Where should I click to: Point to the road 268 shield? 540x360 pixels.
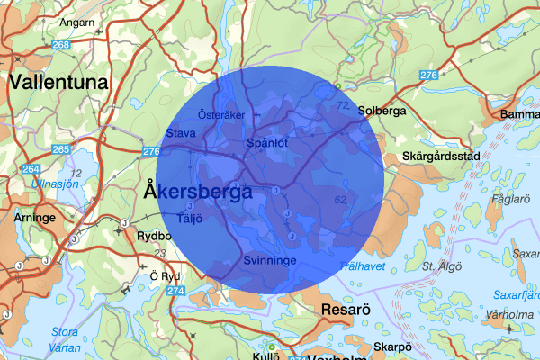click(x=60, y=44)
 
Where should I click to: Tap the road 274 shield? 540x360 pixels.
click(x=176, y=292)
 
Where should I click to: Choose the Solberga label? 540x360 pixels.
click(x=382, y=112)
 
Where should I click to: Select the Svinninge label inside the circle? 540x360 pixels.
click(x=269, y=261)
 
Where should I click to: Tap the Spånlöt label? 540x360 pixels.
click(x=267, y=143)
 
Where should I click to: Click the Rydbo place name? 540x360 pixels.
click(x=153, y=237)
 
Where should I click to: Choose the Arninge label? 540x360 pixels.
click(x=35, y=218)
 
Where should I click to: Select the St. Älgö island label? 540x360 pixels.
click(x=440, y=266)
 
